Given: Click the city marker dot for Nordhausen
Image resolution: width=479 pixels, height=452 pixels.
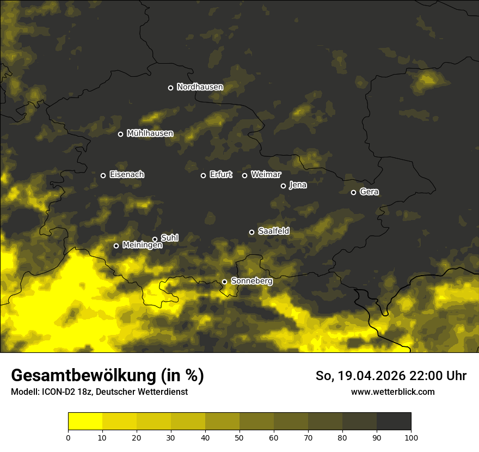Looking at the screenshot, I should tap(170, 88).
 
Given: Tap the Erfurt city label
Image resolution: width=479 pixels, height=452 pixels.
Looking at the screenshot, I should tap(220, 175).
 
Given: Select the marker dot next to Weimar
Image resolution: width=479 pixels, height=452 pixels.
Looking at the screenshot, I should tap(244, 175).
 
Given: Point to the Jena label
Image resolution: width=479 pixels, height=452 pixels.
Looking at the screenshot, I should tap(298, 185).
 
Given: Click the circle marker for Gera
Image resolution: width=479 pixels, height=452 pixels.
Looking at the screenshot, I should tap(353, 192).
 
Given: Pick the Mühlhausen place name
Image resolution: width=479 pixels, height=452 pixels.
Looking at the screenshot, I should tap(150, 133).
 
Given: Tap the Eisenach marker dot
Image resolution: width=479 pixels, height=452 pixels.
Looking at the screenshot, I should tap(103, 175).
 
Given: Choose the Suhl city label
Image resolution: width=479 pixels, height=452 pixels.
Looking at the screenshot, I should tap(169, 238).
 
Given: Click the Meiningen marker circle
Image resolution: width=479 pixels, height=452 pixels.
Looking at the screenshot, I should tap(116, 246).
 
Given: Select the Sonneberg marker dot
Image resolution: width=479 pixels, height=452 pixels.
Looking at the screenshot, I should tap(224, 282).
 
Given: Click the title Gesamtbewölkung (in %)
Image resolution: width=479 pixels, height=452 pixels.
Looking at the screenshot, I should tap(107, 375).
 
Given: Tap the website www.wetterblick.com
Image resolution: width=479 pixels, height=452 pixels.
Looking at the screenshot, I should tap(392, 392).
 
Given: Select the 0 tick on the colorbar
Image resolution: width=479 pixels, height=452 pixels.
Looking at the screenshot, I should tap(68, 437).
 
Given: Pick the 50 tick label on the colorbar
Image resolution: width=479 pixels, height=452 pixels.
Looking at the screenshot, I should tap(239, 437).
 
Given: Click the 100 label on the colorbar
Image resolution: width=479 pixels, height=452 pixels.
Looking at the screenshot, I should tap(411, 437).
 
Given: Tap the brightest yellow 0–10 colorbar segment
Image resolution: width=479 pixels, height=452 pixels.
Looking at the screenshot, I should tap(85, 422).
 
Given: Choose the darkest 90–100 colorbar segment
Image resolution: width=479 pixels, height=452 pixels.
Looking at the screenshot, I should tap(394, 422).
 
